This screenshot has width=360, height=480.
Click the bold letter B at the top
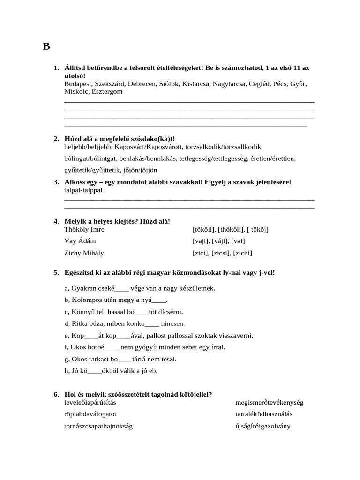(46, 46)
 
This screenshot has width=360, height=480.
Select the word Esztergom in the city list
(107, 91)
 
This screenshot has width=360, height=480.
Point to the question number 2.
(56, 139)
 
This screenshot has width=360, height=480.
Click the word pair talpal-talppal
(83, 190)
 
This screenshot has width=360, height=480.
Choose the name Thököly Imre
(84, 229)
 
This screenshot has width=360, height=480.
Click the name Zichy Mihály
(84, 253)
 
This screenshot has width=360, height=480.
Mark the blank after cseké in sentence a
(122, 288)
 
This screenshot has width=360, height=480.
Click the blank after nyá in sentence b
(159, 300)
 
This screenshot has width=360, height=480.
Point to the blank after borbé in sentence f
(112, 347)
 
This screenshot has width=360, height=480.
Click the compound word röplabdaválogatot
(90, 414)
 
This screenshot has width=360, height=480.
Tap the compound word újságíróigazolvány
(263, 426)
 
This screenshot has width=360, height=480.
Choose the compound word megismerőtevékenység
(270, 402)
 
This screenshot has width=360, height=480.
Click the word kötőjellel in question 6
(193, 394)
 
